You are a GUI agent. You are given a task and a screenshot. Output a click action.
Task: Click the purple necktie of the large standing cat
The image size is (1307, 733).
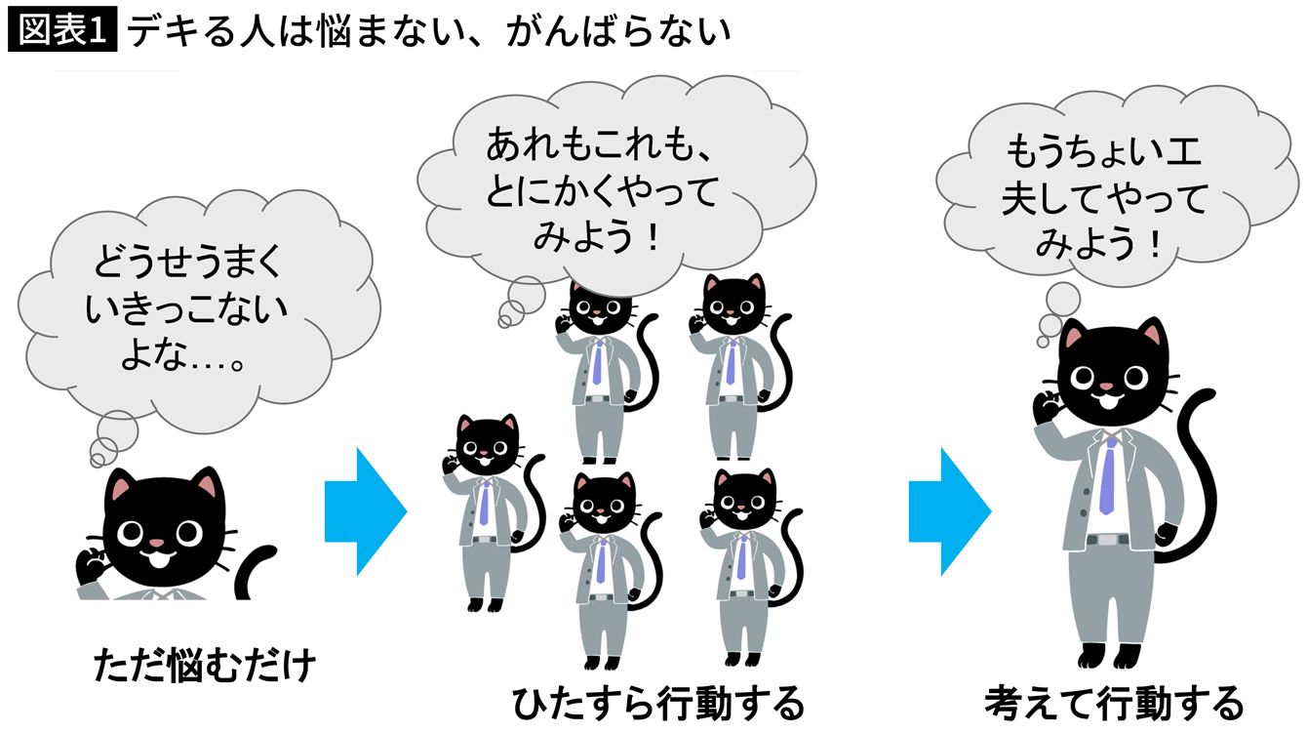coord(1107,475)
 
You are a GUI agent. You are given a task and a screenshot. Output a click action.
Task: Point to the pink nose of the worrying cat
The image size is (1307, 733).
coord(157,539)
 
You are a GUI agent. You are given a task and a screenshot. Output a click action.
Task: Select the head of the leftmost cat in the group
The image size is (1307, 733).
coord(488,444)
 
